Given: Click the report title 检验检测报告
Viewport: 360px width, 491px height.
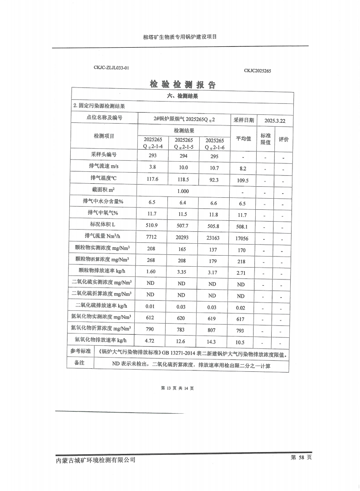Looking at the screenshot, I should coord(182,84).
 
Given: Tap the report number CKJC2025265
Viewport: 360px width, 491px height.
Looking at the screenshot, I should coord(257,71).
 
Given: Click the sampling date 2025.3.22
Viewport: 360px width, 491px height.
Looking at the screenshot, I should coord(275,120).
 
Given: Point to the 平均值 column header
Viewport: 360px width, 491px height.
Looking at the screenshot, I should coord(243,139).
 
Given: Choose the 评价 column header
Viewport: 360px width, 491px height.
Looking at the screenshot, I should coord(284,140).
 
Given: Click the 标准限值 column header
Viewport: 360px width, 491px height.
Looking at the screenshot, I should coord(265,139).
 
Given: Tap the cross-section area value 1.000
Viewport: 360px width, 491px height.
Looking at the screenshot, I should coord(183,191).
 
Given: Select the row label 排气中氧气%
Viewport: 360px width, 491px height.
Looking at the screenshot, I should coord(104,213).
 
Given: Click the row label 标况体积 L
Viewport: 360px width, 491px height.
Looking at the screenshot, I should coord(104,225).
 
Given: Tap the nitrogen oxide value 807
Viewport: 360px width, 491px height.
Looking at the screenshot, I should coord(212,330).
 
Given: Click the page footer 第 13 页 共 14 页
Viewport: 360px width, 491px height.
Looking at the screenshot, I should coord(178,388).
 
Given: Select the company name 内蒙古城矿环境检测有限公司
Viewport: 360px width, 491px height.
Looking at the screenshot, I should coord(96,460).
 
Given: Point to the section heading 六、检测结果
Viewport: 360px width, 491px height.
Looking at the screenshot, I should coord(182,96).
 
